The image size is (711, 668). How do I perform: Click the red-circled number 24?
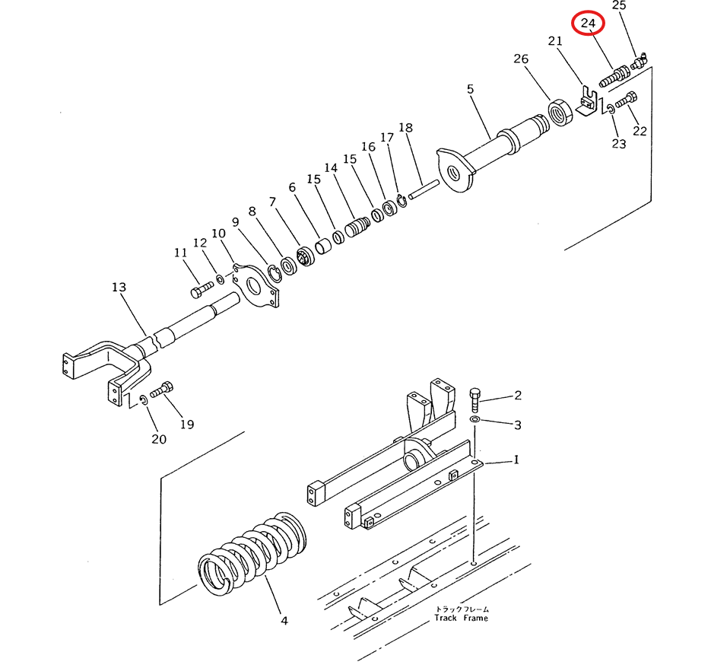(x=588, y=23)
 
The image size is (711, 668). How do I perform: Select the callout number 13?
(x=119, y=288)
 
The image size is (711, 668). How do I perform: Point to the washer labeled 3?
(x=475, y=418)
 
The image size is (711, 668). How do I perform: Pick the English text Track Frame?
(x=461, y=618)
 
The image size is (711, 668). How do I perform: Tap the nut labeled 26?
(x=560, y=113)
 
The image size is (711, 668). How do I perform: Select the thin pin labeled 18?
(x=424, y=189)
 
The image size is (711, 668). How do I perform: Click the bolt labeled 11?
(x=202, y=290)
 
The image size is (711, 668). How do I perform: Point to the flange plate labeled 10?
(x=256, y=285)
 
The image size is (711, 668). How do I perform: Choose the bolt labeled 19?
(x=162, y=389)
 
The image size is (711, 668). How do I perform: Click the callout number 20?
(x=159, y=439)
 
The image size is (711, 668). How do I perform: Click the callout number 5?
(x=470, y=89)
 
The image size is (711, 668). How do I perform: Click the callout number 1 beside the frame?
(x=516, y=460)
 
